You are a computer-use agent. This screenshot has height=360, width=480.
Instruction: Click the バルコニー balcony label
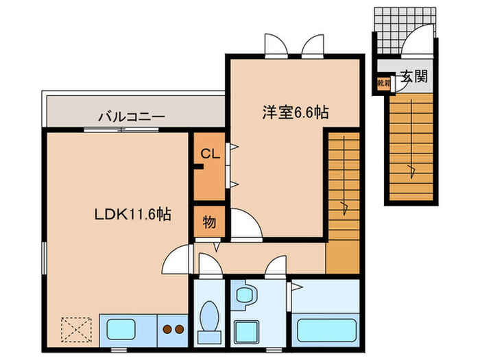click(131, 116)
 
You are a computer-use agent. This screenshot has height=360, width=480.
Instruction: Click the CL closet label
click(210, 155)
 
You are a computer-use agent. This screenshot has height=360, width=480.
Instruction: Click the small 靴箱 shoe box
click(383, 82)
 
